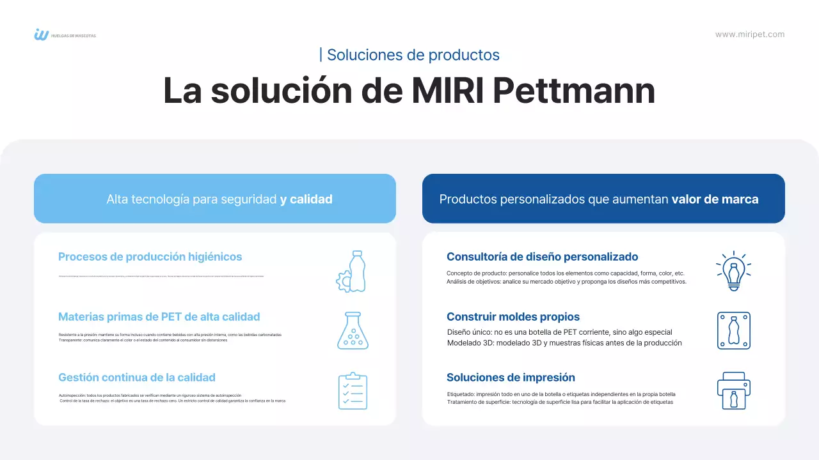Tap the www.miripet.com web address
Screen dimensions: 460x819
click(749, 34)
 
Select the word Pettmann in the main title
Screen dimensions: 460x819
click(575, 91)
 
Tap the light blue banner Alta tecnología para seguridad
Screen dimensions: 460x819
click(215, 199)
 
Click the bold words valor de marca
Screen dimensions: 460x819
click(715, 199)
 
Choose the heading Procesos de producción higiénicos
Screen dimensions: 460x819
click(150, 257)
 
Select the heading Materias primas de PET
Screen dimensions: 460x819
click(159, 317)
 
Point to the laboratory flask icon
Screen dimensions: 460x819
click(353, 330)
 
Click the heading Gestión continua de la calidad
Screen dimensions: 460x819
click(136, 378)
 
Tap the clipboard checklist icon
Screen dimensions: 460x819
click(353, 391)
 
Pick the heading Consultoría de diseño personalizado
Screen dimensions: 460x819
click(542, 257)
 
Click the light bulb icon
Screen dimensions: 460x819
click(733, 271)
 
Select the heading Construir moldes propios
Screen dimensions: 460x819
click(513, 317)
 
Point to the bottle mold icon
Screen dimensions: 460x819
click(733, 330)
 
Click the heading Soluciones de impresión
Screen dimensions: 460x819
click(511, 378)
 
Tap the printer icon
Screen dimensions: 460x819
click(733, 390)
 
